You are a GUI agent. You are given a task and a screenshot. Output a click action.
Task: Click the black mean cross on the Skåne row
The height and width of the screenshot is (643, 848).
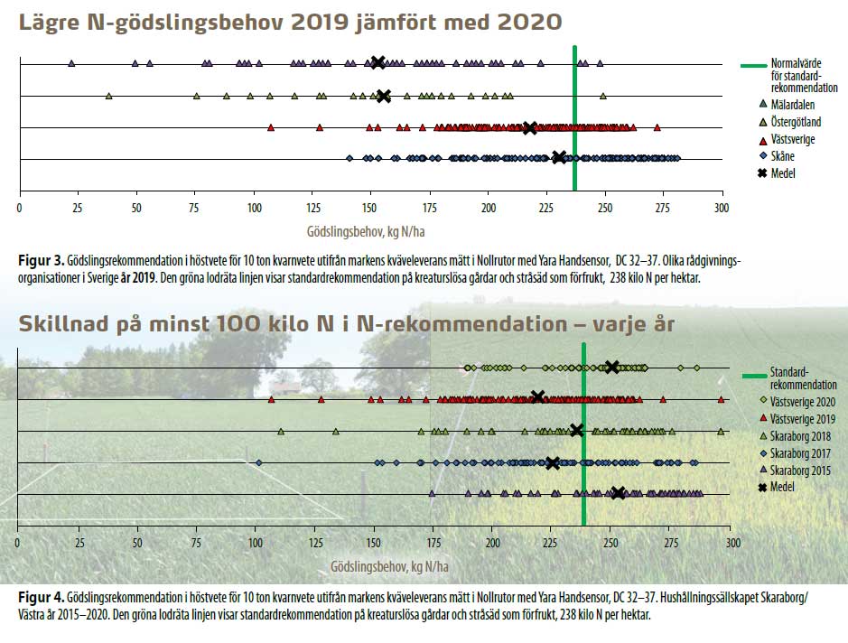560,158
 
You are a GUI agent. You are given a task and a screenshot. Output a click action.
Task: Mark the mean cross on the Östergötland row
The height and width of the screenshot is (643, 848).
383,96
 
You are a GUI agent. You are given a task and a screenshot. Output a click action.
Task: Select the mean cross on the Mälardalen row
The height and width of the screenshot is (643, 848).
378,62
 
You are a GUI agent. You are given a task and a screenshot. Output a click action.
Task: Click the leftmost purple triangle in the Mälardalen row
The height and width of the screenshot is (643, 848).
71,63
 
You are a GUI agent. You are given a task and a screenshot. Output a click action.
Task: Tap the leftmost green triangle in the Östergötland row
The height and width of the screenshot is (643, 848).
108,96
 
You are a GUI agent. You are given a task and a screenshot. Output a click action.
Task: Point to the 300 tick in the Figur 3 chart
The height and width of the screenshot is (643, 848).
721,207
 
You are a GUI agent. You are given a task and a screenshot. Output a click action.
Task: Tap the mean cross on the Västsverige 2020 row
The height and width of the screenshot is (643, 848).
612,367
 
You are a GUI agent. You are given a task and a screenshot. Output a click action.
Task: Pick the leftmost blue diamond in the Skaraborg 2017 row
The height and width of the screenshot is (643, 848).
259,463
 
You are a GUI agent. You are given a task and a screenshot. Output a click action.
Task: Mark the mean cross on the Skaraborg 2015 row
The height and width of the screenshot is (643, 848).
619,493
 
